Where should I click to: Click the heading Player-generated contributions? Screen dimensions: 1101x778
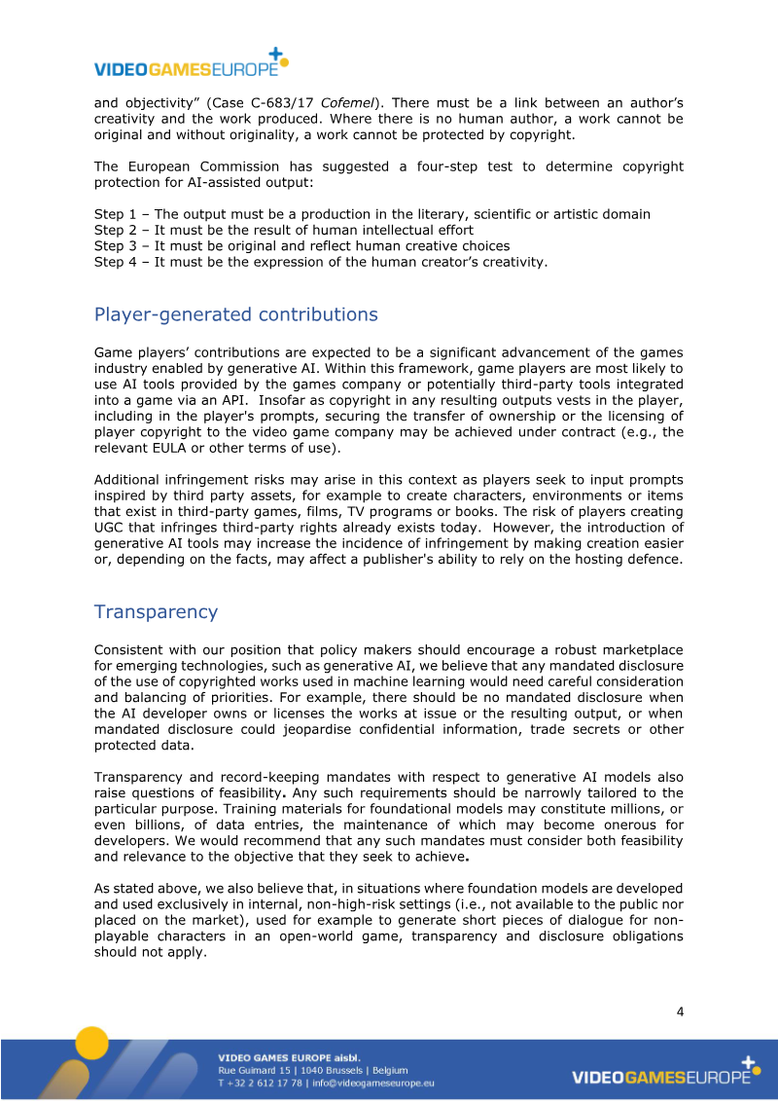coord(235,314)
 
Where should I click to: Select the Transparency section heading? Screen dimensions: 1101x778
coord(156,611)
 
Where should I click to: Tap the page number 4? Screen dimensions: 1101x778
coord(680,1011)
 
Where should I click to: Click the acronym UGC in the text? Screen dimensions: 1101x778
coord(109,527)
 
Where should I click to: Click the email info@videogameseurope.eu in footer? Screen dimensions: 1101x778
coord(372,1083)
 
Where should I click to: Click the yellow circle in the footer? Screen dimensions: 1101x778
coord(91,1043)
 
